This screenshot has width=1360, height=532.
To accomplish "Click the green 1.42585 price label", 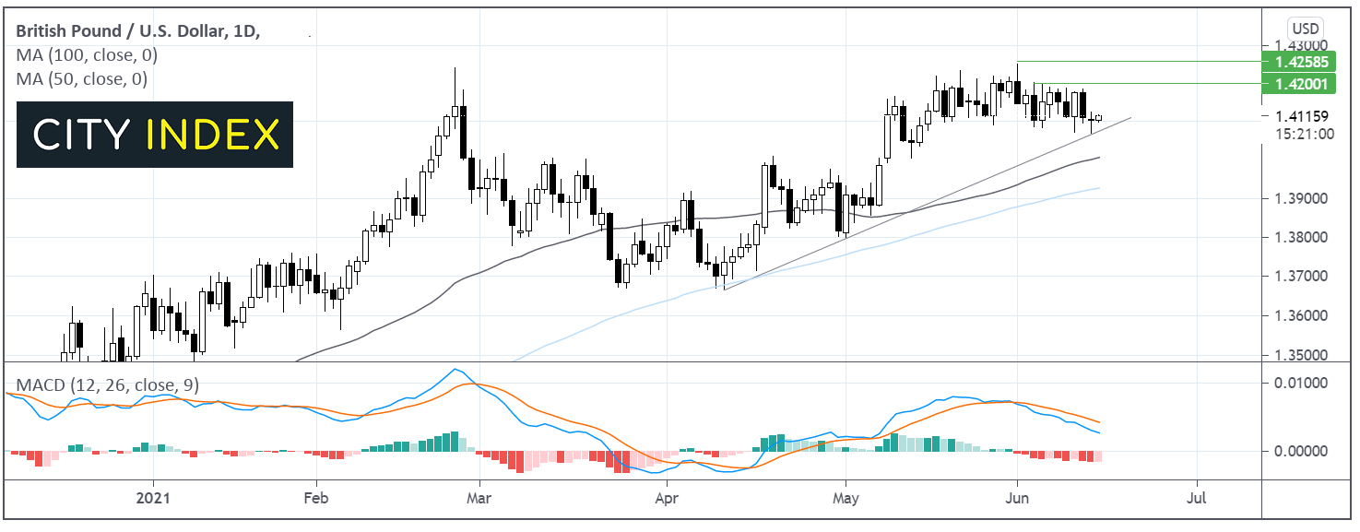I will tap(1303, 62).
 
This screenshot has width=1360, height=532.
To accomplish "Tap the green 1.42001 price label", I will tap(1303, 84).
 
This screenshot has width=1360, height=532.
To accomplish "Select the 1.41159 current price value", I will tap(1302, 117).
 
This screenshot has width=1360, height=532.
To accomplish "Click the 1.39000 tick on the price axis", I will tap(1302, 199).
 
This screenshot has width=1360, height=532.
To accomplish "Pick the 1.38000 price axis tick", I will tap(1302, 238).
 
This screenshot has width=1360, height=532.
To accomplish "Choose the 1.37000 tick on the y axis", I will tap(1302, 277).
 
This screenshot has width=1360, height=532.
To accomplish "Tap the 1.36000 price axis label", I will tap(1302, 316).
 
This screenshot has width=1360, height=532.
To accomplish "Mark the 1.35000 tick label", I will tap(1302, 355).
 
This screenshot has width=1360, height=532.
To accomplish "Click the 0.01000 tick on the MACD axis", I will tap(1302, 383).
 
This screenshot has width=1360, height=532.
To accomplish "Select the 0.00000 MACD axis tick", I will tap(1302, 451).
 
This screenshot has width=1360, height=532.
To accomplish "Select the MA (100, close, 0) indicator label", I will tap(81, 55).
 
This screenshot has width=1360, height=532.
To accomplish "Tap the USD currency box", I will tap(1303, 29).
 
